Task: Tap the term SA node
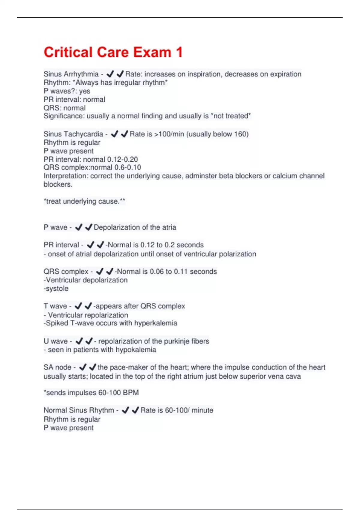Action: click(57, 367)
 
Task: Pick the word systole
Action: click(57, 289)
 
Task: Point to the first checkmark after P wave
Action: click(79, 227)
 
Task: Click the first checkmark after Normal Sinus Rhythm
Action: click(125, 410)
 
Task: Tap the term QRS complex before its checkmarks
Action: click(66, 271)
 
